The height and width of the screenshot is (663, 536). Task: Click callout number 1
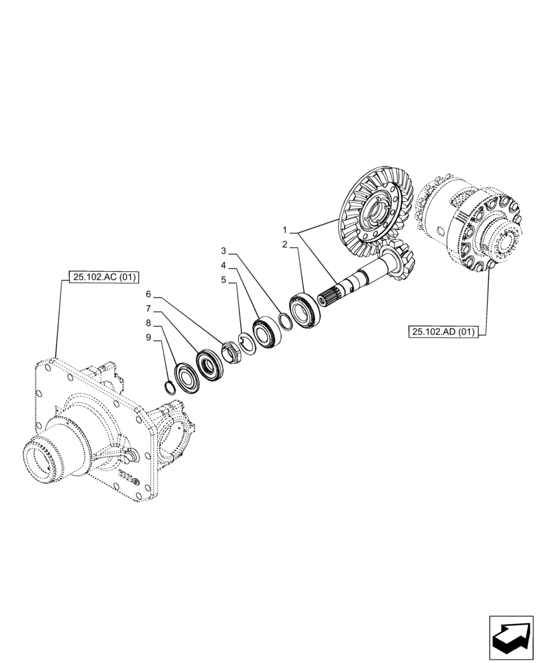pyautogui.click(x=285, y=230)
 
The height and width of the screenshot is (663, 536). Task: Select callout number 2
pyautogui.click(x=285, y=245)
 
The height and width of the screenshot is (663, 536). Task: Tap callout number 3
pyautogui.click(x=224, y=251)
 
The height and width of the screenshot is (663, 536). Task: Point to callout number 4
pyautogui.click(x=224, y=266)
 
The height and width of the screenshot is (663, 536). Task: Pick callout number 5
pyautogui.click(x=224, y=280)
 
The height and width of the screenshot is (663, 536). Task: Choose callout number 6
pyautogui.click(x=149, y=294)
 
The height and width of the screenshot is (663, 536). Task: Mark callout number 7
pyautogui.click(x=149, y=309)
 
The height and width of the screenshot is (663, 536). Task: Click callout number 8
pyautogui.click(x=149, y=323)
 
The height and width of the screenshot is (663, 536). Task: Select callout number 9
pyautogui.click(x=149, y=337)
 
